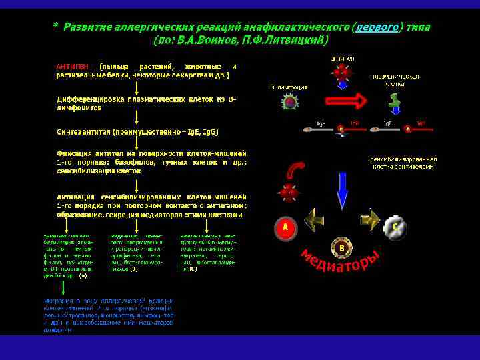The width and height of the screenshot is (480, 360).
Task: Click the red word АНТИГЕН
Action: pos(73,67)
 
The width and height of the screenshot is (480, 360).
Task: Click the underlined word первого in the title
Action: pos(377,27)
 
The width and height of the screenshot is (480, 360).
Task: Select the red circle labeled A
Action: pos(285,227)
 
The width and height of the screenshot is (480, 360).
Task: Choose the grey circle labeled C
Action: pos(395,227)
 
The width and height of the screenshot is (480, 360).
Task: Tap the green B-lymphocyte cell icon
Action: pos(289,102)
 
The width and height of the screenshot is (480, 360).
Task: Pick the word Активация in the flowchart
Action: pos(77,197)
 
